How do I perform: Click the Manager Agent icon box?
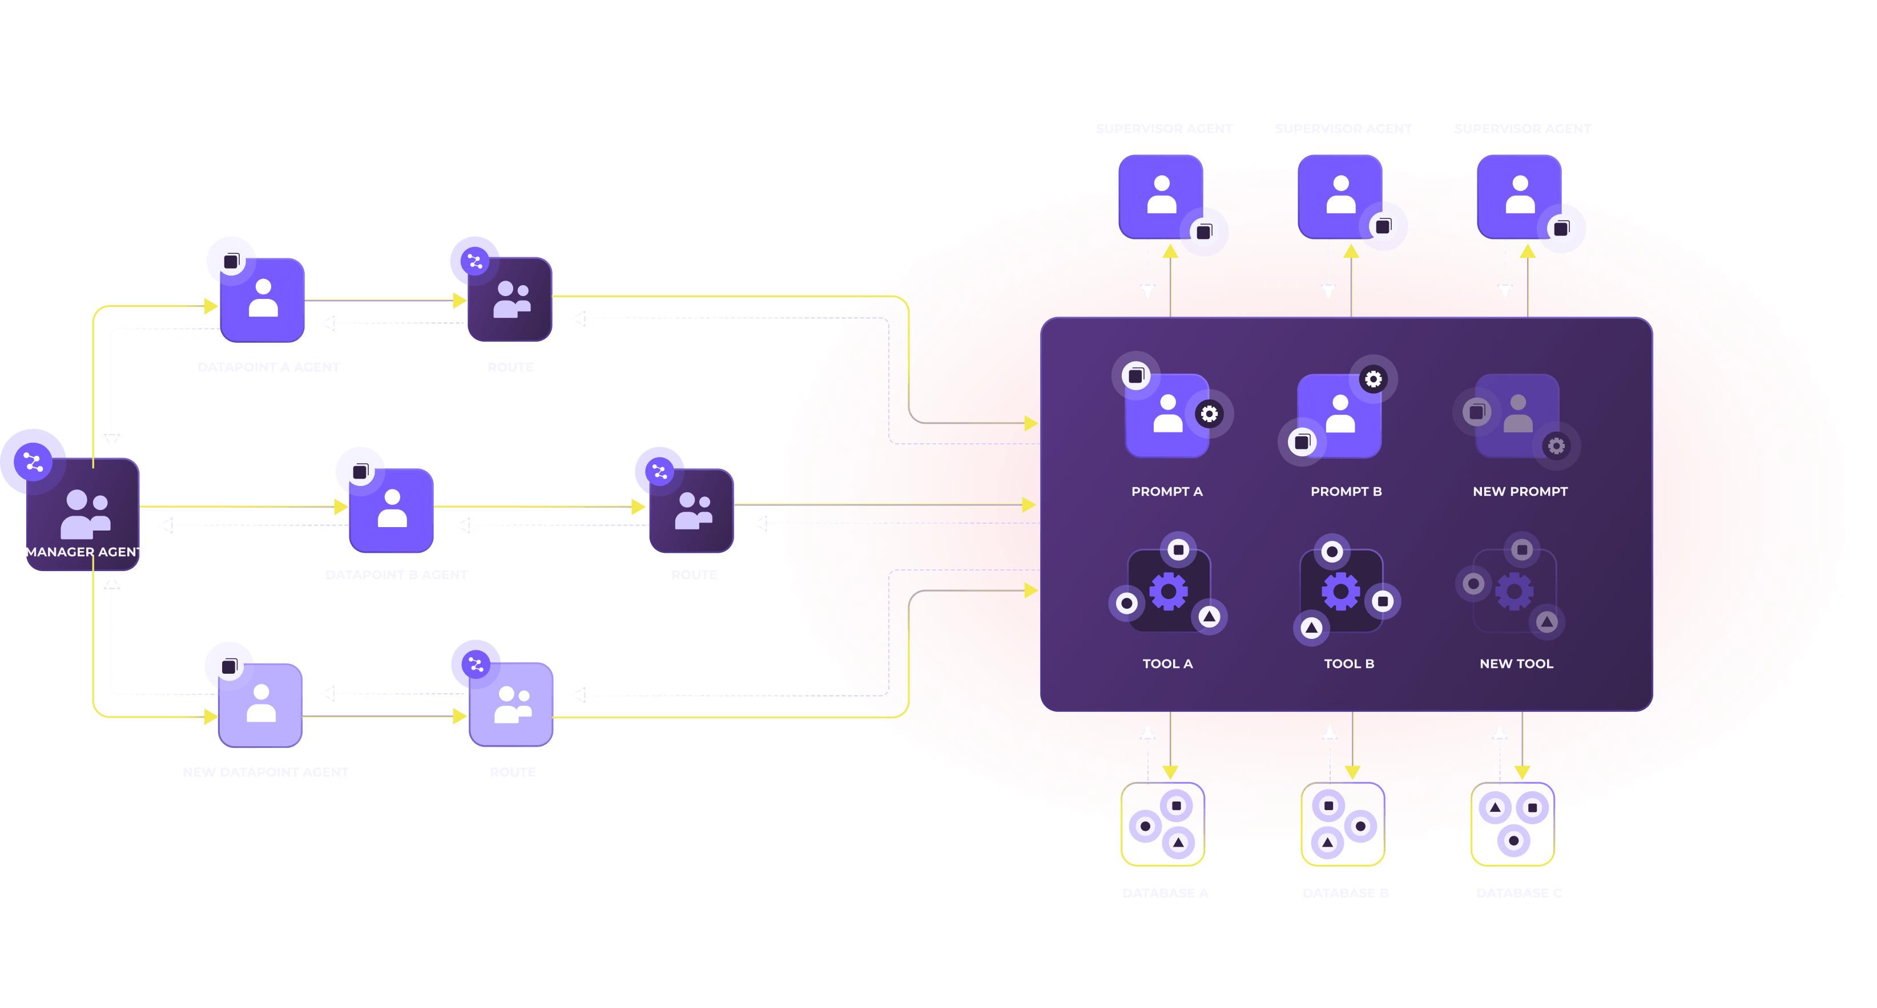tap(83, 513)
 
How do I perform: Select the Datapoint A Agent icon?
tap(263, 299)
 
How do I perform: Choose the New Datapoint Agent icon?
tap(261, 705)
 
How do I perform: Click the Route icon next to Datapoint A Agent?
tap(510, 299)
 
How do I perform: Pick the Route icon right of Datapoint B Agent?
tap(691, 510)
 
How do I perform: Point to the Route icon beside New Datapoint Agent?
tap(511, 705)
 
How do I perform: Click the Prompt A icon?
tap(1167, 415)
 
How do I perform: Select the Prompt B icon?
tap(1339, 415)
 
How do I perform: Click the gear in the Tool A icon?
tap(1169, 590)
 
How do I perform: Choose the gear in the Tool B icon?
tap(1342, 590)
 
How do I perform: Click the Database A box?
tap(1163, 824)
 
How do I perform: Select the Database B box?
tap(1343, 824)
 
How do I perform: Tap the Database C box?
tap(1513, 824)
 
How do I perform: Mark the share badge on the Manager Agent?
tap(33, 461)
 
